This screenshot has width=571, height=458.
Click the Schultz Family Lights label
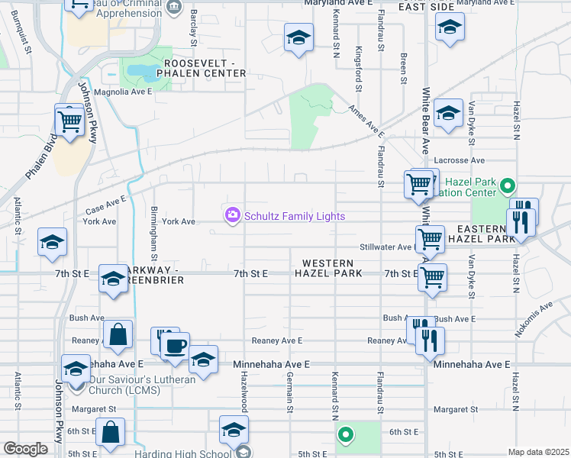click(x=295, y=217)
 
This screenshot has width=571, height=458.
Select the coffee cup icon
click(x=175, y=346)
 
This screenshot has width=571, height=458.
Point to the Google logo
click(x=25, y=449)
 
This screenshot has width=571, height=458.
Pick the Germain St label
click(x=290, y=392)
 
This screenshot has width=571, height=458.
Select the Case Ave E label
click(x=105, y=205)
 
